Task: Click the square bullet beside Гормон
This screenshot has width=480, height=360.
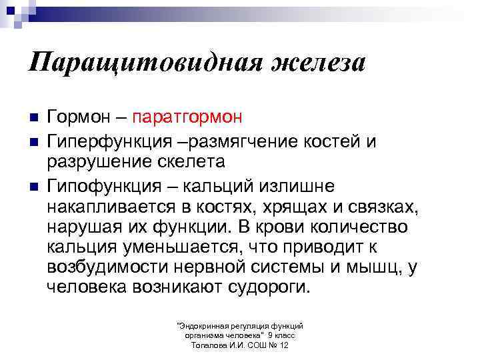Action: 33,117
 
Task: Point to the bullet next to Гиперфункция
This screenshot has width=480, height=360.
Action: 33,141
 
